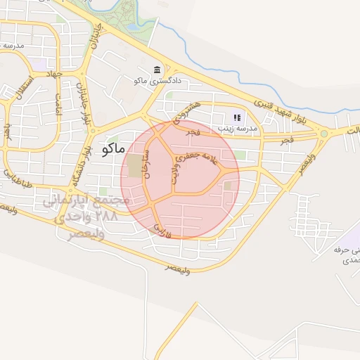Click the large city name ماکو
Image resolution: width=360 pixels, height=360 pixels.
[x=113, y=149]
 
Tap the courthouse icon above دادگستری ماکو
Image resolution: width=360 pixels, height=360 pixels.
[x=155, y=71]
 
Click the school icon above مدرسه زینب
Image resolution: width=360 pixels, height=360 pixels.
[x=238, y=118]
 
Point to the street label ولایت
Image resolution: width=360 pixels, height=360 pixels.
[x=173, y=172]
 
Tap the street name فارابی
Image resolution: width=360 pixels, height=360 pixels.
[x=162, y=229]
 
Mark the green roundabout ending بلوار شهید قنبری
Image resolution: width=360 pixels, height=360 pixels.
[x=324, y=133]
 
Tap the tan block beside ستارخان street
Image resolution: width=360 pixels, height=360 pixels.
[x=134, y=167]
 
